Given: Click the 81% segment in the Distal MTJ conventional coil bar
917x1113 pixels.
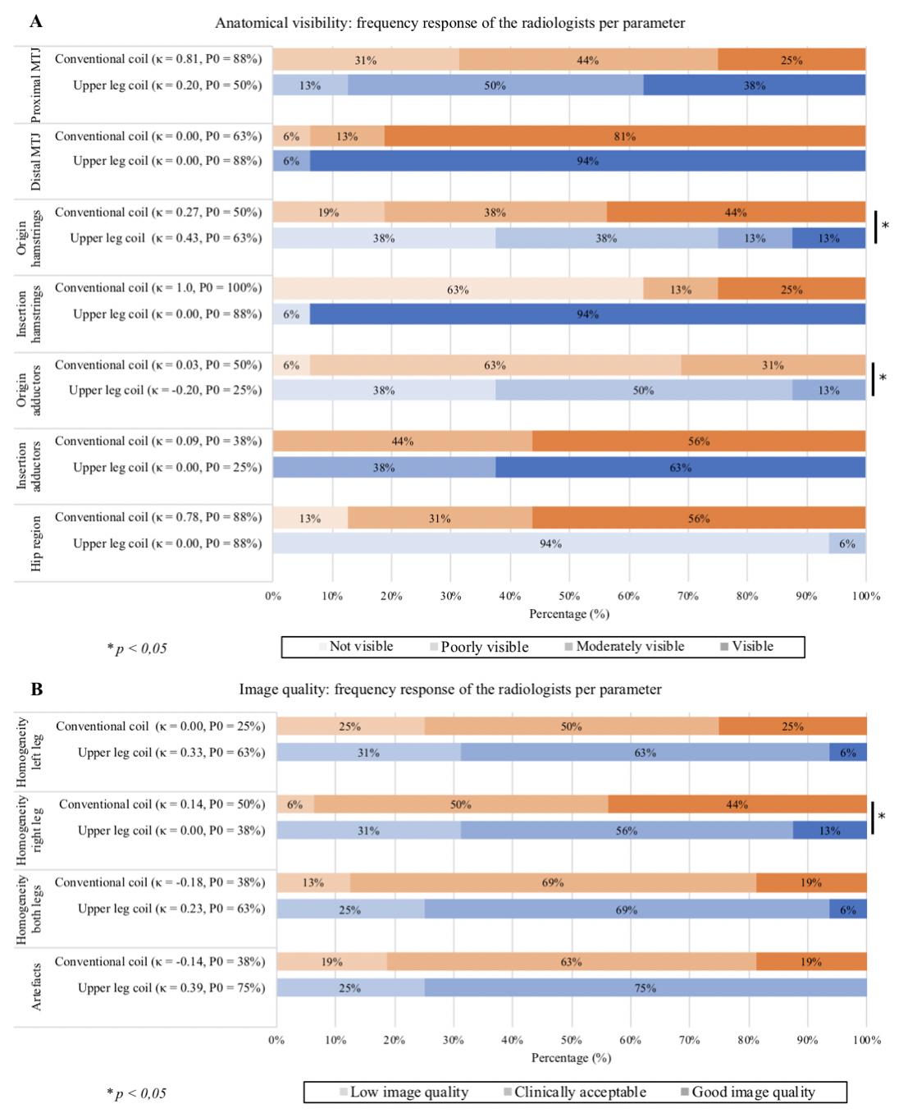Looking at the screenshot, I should (625, 136).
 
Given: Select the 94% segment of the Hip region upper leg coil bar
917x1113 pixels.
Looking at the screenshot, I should (550, 543).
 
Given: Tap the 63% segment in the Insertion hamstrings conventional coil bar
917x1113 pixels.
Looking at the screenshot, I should (458, 289).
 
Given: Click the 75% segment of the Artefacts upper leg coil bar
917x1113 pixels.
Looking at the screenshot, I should (646, 987).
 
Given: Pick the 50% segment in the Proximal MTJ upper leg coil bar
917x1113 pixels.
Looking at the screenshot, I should (495, 85).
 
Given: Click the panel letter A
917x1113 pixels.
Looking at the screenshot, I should (36, 22).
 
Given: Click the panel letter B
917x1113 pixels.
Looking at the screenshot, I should (37, 689).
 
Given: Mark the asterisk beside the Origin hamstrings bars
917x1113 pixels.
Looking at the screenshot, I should (885, 226).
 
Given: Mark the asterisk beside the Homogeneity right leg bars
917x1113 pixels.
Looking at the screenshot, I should (882, 817).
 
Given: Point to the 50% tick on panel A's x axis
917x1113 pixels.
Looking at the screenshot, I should (569, 596).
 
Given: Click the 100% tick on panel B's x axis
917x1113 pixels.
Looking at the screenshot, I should (866, 1040).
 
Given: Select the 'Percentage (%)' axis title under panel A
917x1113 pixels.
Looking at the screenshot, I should (569, 614).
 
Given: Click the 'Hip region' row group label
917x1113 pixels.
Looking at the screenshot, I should (36, 543).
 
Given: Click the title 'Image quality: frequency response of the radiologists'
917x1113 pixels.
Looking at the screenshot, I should (450, 689).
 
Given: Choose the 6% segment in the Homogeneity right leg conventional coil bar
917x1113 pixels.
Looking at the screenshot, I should (294, 804).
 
